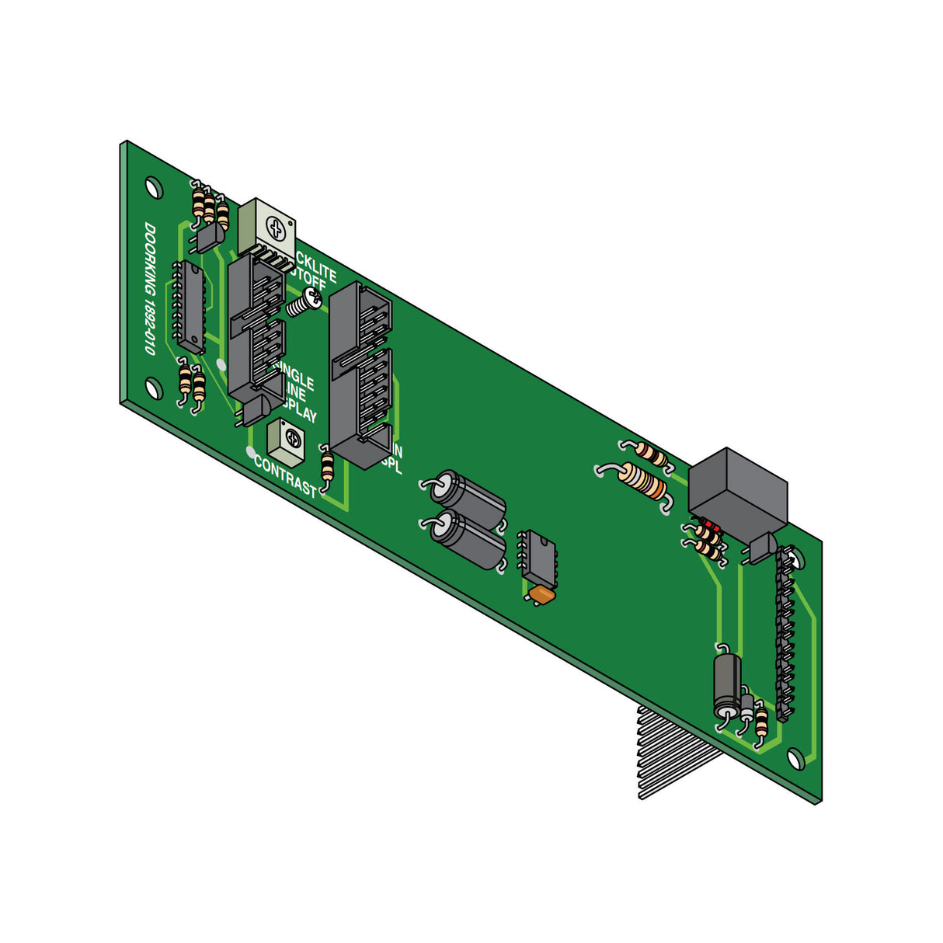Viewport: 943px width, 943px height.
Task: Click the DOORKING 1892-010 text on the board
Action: pos(149,290)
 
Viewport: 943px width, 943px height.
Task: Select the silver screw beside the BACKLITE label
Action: pos(306,301)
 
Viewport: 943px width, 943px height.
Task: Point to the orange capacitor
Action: pos(541,595)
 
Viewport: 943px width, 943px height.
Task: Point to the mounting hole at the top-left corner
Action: pos(154,187)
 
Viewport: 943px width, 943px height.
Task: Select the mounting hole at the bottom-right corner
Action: pos(795,758)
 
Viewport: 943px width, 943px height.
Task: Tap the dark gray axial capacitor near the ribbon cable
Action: pos(728,684)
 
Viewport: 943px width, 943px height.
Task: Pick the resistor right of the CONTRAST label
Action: pos(328,467)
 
